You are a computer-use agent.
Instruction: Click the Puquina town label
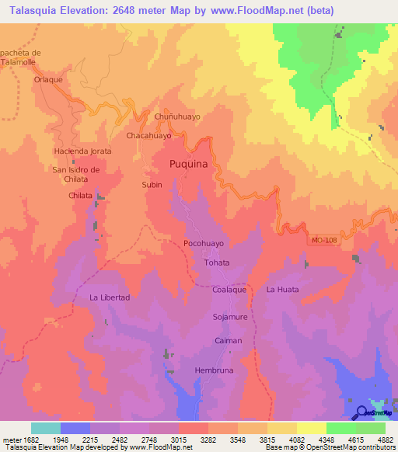click(x=189, y=164)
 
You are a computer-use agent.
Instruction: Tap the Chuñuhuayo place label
click(x=177, y=116)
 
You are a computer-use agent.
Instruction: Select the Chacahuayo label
click(x=148, y=135)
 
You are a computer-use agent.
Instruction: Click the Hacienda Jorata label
click(x=82, y=151)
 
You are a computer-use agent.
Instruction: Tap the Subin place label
click(x=152, y=185)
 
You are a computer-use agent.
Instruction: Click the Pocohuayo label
click(x=204, y=243)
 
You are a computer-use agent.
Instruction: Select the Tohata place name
click(x=216, y=263)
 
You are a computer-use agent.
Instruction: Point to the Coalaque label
click(x=229, y=290)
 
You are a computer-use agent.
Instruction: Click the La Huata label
click(x=282, y=290)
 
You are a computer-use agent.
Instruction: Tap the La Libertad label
click(x=110, y=297)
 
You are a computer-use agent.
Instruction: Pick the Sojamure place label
click(x=229, y=317)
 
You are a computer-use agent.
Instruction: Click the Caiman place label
click(x=229, y=341)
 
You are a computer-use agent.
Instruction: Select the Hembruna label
click(x=214, y=370)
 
